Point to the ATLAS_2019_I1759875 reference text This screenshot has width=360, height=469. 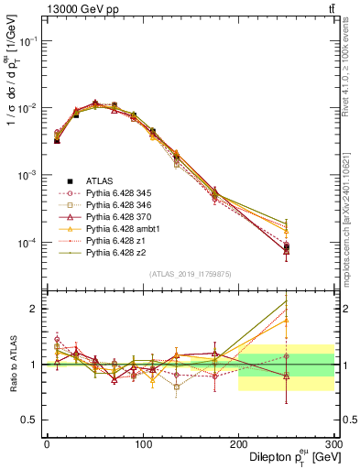(190, 274)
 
